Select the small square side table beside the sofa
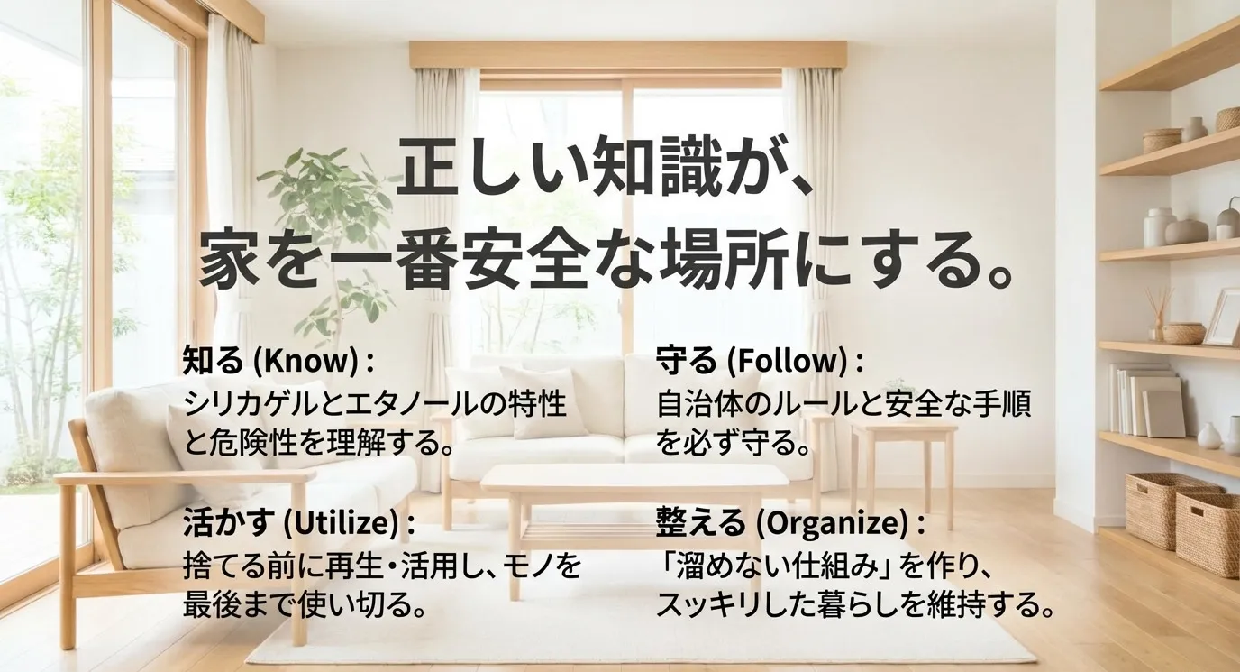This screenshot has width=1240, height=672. (x=901, y=433)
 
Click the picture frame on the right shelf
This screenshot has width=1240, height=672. (x=1223, y=317)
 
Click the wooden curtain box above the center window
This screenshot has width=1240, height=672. (x=627, y=54)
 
